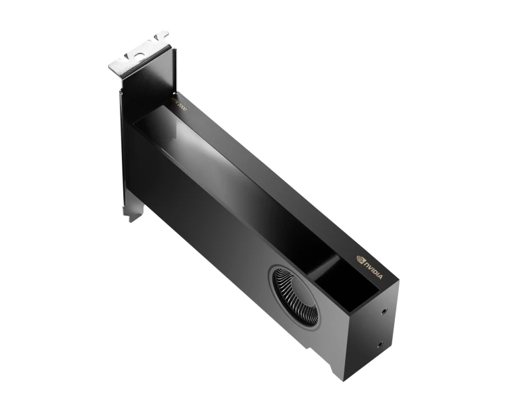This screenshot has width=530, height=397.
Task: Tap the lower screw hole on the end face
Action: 380,343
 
